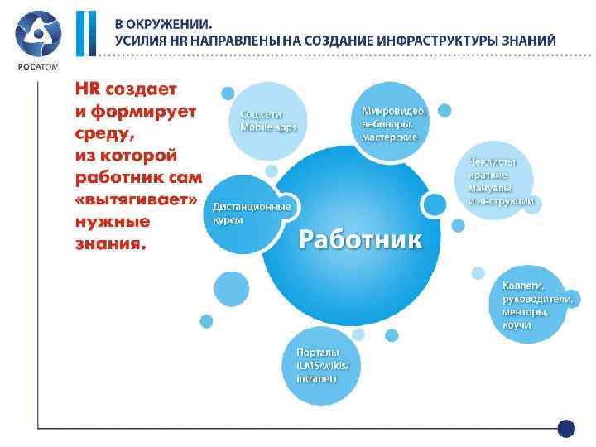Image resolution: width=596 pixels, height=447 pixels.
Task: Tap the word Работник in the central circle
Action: pyautogui.click(x=359, y=240)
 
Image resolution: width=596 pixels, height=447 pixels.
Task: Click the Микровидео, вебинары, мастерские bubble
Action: pyautogui.click(x=393, y=123)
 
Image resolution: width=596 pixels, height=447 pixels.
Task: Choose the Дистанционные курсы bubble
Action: pyautogui.click(x=248, y=214)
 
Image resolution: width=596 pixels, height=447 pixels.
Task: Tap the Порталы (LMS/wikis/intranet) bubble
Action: pyautogui.click(x=328, y=365)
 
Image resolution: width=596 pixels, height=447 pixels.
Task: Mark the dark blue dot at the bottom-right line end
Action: pyautogui.click(x=566, y=429)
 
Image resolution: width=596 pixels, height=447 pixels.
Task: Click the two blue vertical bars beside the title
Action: pyautogui.click(x=86, y=34)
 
